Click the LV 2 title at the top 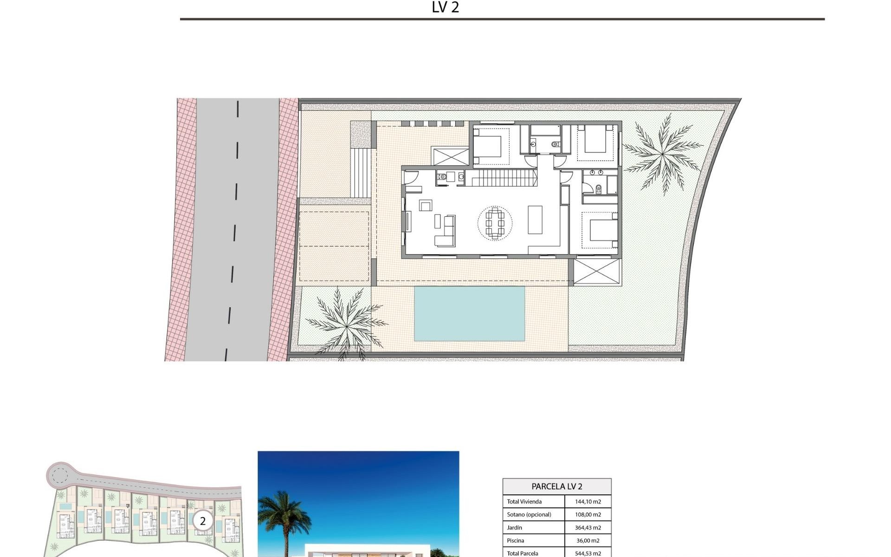point(445,7)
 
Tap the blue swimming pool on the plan point(469,313)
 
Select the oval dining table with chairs point(495,223)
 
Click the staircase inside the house point(501,178)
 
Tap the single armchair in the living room point(425,205)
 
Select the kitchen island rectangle point(535,220)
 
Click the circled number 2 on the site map point(203,521)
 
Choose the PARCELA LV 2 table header point(557,486)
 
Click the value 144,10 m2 point(588,502)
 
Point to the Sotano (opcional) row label point(529,514)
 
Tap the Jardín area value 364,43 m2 point(588,527)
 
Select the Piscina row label point(516,540)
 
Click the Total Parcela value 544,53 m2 point(588,553)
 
